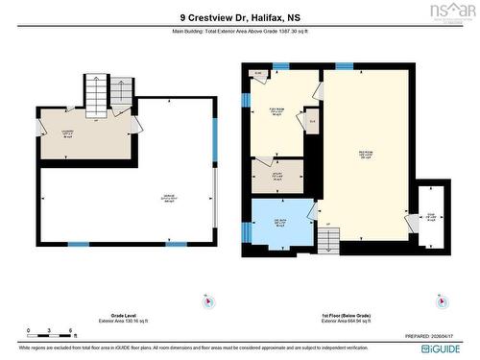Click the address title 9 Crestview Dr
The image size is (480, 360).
[240, 16]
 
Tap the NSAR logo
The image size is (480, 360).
[452, 12]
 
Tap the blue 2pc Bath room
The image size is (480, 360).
[281, 221]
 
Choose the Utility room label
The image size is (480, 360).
[276, 176]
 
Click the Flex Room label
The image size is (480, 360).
[276, 110]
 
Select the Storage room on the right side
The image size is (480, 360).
[431, 215]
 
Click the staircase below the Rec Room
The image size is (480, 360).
[327, 241]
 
